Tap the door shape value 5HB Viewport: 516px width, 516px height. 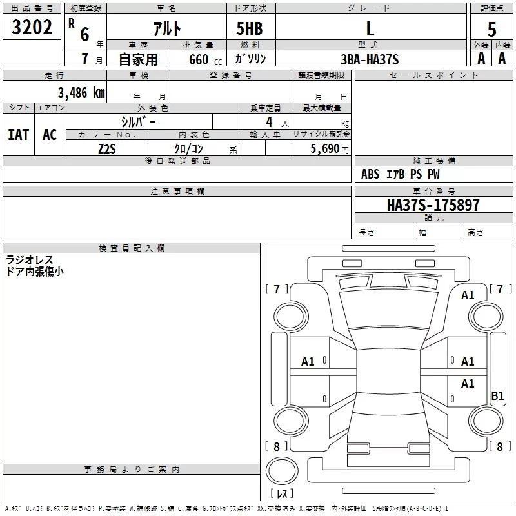pos(250,28)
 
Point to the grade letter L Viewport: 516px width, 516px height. pos(370,28)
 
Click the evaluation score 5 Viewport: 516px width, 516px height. pos(492,30)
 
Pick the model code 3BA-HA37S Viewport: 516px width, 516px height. pos(370,59)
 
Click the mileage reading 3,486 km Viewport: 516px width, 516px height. pos(81,93)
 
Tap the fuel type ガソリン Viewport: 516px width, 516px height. pos(251,59)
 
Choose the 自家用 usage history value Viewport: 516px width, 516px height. pos(138,59)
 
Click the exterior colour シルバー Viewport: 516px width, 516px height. pos(138,121)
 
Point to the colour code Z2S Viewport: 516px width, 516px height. pos(106,148)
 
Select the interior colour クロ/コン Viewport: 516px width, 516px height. pos(189,148)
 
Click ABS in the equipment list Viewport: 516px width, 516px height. pos(370,174)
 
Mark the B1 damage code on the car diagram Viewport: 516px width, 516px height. pos(497,396)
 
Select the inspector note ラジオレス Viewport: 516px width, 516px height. pos(30,260)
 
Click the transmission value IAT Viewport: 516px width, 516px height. pos(18,135)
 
